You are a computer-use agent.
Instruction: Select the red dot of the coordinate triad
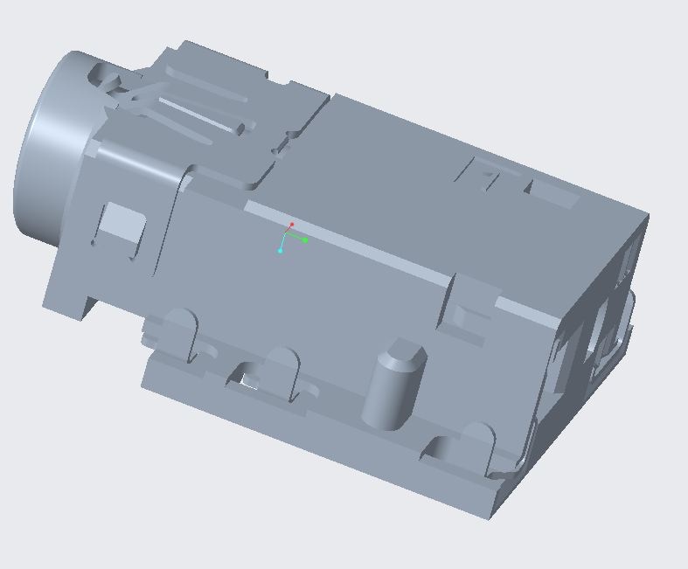tap(292, 226)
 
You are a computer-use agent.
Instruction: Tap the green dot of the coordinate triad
tap(305, 239)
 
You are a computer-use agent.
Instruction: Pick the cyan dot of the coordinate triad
tap(281, 251)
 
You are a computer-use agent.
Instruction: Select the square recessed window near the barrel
tap(120, 225)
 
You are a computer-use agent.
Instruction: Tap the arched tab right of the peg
tap(476, 442)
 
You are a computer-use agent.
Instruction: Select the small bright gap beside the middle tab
tap(250, 383)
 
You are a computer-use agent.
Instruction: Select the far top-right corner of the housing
tap(648, 214)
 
